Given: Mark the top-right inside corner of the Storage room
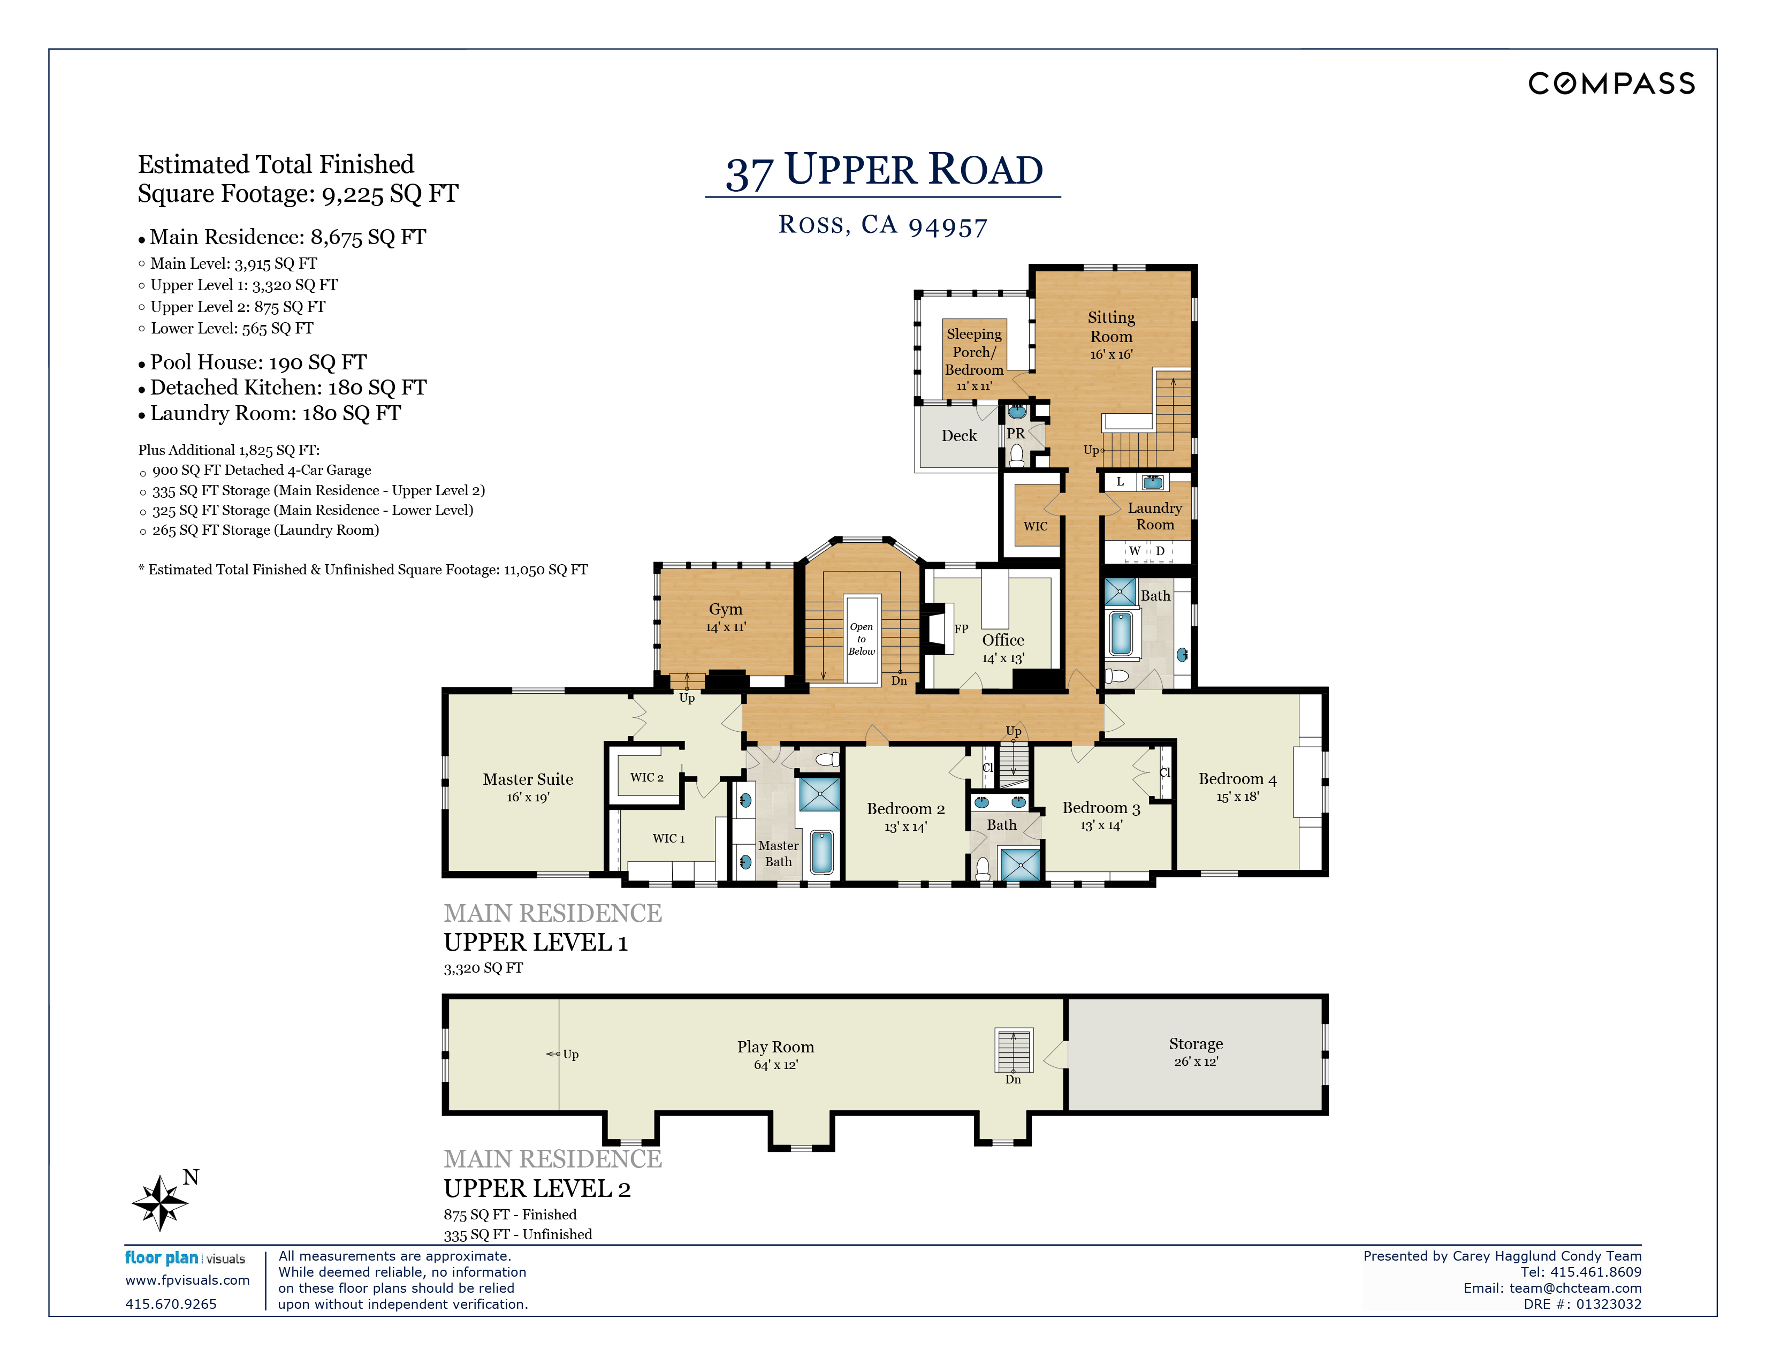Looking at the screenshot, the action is click(1321, 1001).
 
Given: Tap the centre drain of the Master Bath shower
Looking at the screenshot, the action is click(819, 794).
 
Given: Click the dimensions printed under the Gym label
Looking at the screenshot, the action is click(725, 627).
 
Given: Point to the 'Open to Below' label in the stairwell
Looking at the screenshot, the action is click(861, 639).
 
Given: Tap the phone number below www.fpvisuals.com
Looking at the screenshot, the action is click(171, 1303).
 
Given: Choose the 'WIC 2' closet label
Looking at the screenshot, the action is click(647, 777).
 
